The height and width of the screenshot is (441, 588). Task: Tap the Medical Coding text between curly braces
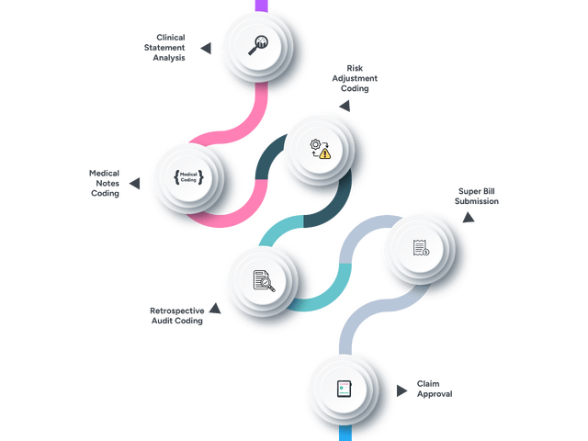[x=188, y=176]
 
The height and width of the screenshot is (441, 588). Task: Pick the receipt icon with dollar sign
[x=419, y=247]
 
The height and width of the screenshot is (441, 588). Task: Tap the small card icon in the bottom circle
[x=342, y=389]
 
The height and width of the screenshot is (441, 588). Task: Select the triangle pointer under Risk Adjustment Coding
[x=342, y=107]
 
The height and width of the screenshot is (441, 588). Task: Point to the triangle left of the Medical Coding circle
[x=134, y=184]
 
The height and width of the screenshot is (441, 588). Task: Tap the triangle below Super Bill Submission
[x=468, y=217]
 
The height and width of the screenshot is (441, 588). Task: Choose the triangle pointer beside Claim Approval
[x=401, y=390]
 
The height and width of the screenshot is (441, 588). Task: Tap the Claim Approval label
[x=435, y=388]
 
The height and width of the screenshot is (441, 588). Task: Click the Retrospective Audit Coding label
[x=176, y=317]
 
